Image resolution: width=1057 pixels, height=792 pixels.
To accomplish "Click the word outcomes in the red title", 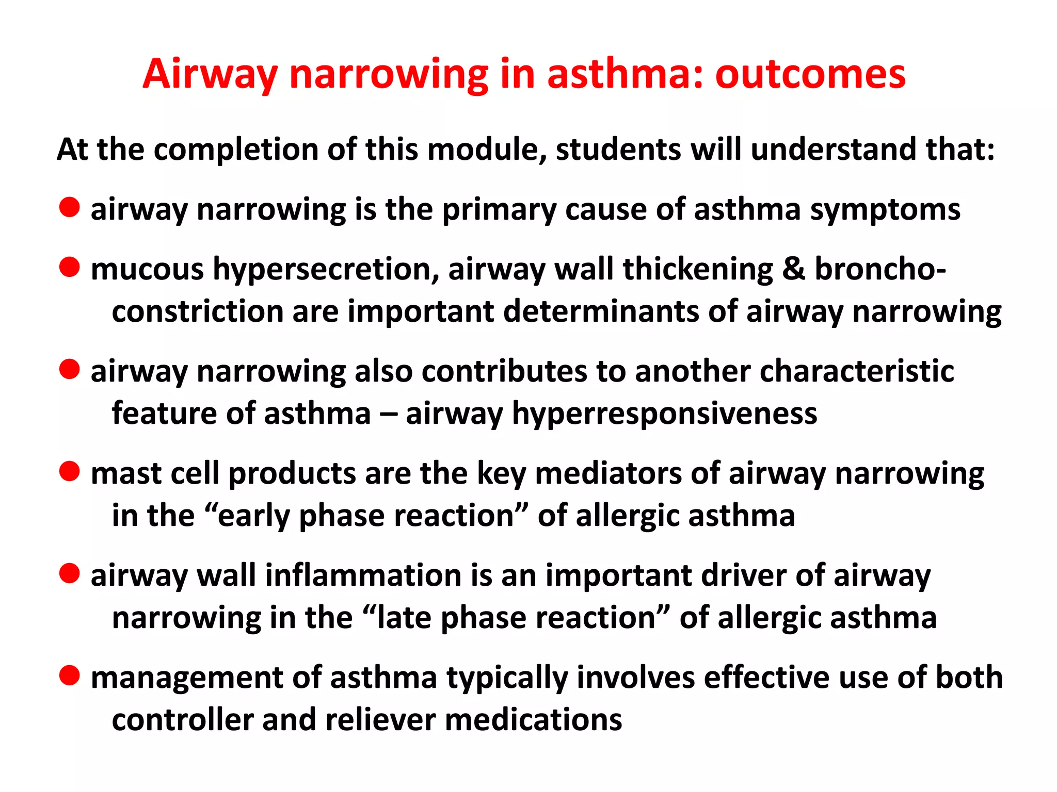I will click(810, 75).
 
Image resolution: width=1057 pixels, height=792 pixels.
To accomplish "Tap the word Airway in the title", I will click(210, 75).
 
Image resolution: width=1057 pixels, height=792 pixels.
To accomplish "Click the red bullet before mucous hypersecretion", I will click(69, 268).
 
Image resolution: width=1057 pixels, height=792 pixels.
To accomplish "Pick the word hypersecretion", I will click(326, 270).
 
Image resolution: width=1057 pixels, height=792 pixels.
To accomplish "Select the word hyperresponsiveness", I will click(664, 414).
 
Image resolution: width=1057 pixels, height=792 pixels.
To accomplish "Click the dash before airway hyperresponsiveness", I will click(388, 414).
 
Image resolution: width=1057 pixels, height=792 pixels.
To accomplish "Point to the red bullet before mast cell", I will click(69, 471).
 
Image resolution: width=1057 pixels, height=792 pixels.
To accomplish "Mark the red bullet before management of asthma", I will click(69, 675).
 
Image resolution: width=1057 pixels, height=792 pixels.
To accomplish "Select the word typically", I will click(507, 678).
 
